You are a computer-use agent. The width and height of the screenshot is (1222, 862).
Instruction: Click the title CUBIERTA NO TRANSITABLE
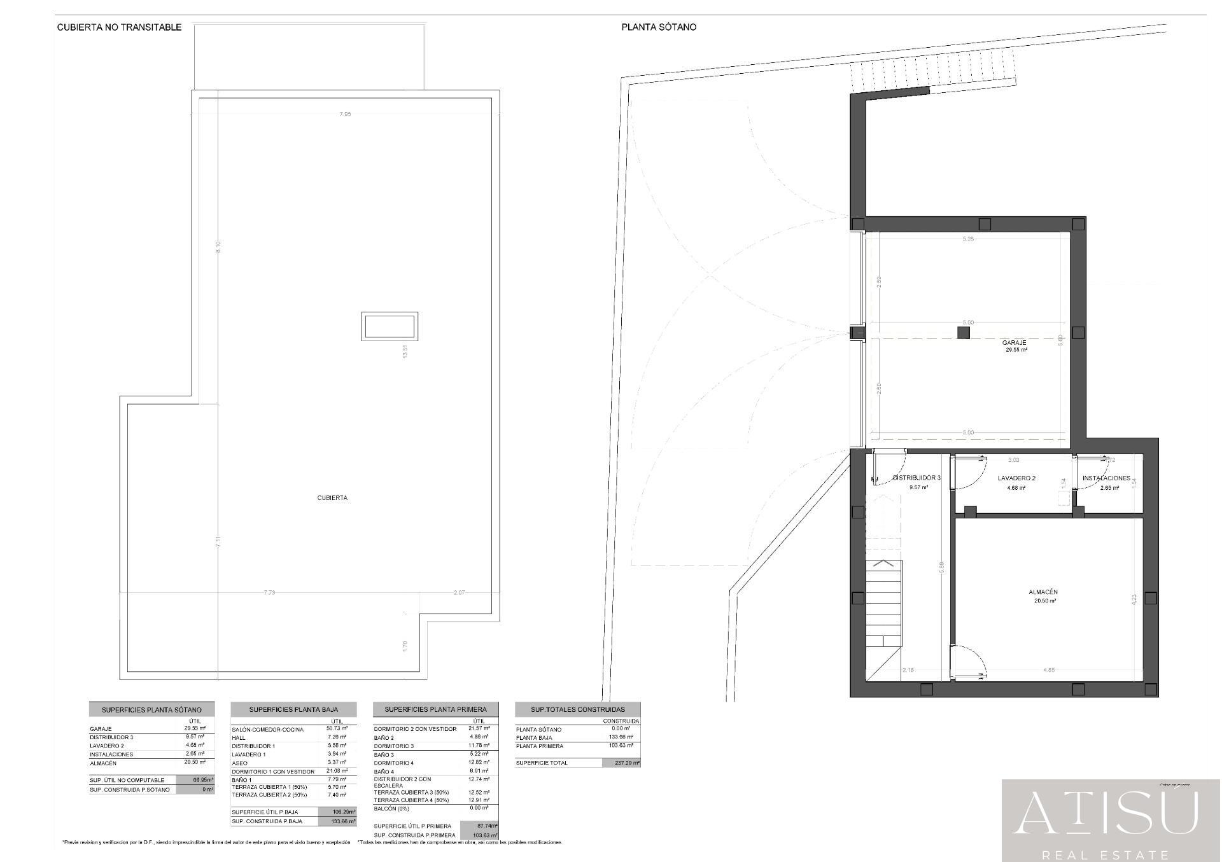(x=119, y=27)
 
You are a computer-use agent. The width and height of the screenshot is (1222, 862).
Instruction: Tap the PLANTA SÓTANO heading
(x=659, y=27)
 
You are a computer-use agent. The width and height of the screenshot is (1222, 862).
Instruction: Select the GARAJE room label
(x=1014, y=343)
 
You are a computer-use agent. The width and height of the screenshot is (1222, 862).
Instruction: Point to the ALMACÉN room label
(x=1043, y=592)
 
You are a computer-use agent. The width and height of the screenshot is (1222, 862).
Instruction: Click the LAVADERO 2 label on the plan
(x=1016, y=478)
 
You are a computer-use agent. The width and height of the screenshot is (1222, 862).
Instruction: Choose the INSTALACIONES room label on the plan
(x=1106, y=478)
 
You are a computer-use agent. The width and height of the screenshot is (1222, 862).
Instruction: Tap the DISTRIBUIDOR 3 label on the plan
(x=916, y=478)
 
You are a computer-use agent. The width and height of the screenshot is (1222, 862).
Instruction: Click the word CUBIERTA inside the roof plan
(x=332, y=498)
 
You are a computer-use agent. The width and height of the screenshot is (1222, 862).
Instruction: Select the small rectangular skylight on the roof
(x=390, y=326)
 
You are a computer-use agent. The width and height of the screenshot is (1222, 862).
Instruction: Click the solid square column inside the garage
(x=964, y=333)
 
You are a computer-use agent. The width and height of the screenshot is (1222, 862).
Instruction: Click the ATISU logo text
(x=1106, y=814)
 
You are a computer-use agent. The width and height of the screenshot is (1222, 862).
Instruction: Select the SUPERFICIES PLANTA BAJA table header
(x=293, y=709)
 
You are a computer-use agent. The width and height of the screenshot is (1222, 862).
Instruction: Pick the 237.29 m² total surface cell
(x=621, y=763)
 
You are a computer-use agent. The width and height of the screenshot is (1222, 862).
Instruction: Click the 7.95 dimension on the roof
(x=345, y=114)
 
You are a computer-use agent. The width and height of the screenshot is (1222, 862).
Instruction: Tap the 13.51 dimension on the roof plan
(x=404, y=352)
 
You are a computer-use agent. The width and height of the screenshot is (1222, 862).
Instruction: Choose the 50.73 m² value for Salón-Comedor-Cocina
(x=337, y=729)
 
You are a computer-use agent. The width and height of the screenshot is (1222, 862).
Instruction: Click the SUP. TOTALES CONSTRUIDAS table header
(x=578, y=709)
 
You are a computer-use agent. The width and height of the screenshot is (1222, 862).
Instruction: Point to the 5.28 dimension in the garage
(x=968, y=239)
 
